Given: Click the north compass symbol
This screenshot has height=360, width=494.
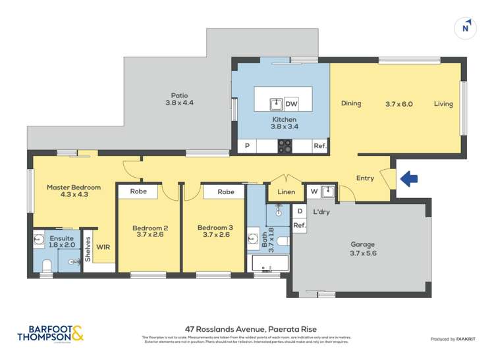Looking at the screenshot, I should tap(466, 27).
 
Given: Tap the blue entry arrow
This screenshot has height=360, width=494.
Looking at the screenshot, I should tap(409, 178).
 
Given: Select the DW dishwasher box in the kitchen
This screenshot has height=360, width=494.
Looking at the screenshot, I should tap(291, 104).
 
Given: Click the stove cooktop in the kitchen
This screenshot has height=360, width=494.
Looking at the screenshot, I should tap(285, 146).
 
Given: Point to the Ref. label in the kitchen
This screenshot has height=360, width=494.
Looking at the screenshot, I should tap(320, 146).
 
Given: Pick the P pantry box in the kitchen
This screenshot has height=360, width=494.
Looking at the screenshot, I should tap(247, 146).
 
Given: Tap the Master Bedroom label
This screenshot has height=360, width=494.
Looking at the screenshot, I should tap(74, 188).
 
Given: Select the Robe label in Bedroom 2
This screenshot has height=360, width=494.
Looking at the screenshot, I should tap(138, 192).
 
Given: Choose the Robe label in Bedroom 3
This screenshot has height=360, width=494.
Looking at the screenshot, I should tap(225, 192).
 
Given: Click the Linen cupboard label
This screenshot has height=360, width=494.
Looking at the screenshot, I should tap(287, 192).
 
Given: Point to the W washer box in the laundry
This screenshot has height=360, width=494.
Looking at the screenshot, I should tap(314, 192).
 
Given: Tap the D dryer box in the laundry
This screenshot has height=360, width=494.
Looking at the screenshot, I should tap(300, 211).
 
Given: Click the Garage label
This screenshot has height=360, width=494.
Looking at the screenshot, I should tap(362, 244).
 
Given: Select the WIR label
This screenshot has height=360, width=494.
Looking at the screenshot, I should tap(103, 247).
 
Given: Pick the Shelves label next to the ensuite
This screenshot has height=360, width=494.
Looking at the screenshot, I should tap(88, 250).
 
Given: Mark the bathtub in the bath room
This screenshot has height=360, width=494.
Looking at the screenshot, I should tap(271, 264).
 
